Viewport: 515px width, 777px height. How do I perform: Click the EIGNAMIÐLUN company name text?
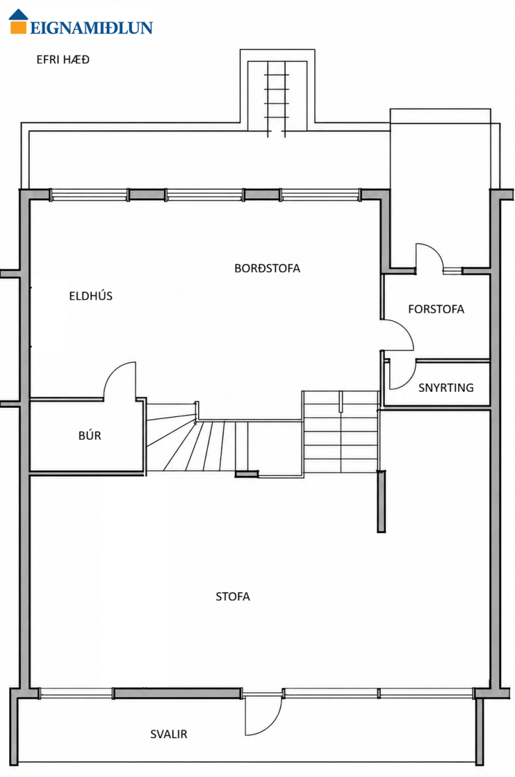[91, 28]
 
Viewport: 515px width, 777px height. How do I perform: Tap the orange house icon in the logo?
[18, 21]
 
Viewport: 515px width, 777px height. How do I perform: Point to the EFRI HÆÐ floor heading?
[63, 60]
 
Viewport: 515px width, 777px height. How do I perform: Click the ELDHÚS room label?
[91, 296]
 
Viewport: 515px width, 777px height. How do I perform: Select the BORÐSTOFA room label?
[267, 268]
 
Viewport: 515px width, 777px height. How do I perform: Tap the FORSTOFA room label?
[436, 309]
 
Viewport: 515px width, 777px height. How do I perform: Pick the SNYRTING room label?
[446, 387]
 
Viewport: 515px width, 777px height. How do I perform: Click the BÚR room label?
[89, 435]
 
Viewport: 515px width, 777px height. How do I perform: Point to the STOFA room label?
[233, 596]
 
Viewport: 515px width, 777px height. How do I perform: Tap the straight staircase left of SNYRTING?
[341, 432]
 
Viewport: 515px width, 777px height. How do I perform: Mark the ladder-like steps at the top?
[277, 99]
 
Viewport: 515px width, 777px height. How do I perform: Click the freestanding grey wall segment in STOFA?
[382, 502]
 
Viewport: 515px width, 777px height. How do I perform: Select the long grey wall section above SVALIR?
[177, 693]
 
